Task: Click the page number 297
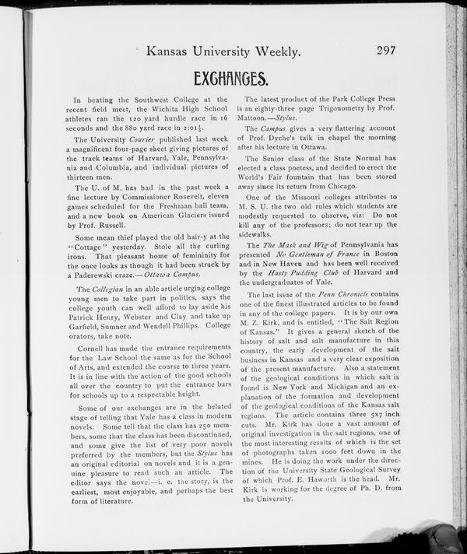coord(386,51)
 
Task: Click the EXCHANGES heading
coord(230,79)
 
